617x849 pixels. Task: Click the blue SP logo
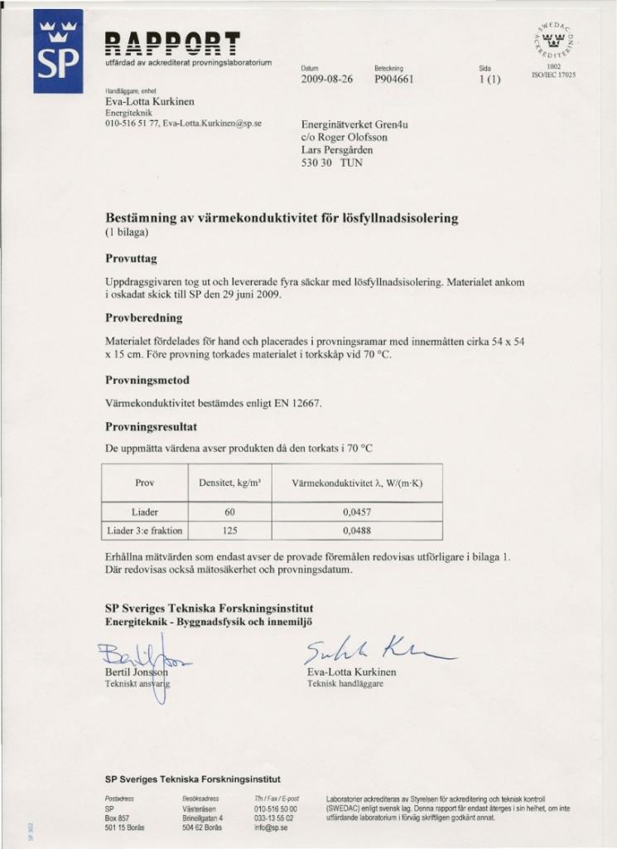point(58,51)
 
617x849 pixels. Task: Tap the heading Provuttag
point(137,259)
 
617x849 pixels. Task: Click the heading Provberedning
point(144,318)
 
